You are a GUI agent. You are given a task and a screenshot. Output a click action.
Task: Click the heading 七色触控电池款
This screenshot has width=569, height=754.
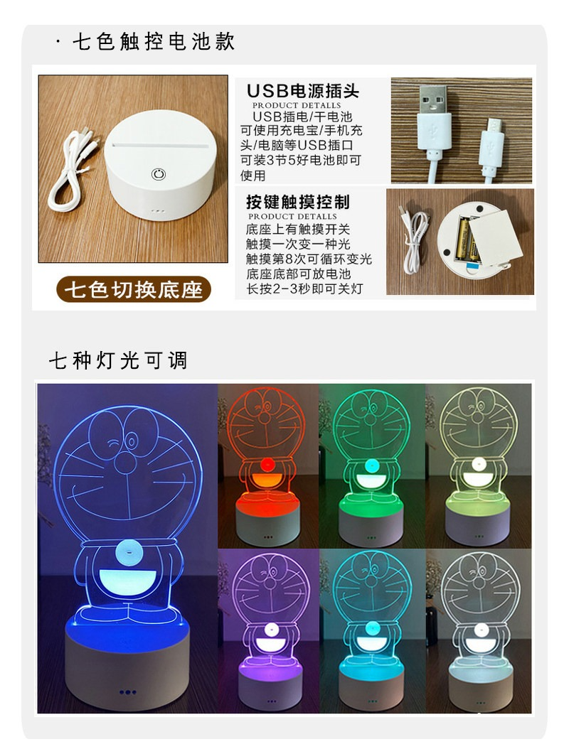pos(154,41)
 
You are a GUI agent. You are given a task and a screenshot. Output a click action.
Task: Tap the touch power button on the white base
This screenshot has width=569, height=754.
pos(159,173)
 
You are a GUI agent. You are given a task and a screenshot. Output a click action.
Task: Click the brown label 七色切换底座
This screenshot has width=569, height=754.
pos(134,289)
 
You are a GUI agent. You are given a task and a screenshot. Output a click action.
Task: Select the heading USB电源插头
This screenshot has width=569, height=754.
pos(303,91)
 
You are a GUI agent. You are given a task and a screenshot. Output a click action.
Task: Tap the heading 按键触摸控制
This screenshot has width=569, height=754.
pos(298,202)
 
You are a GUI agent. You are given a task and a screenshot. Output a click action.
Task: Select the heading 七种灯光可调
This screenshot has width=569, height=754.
pos(118,360)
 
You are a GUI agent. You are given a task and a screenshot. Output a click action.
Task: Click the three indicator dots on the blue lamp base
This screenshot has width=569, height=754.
pos(127,692)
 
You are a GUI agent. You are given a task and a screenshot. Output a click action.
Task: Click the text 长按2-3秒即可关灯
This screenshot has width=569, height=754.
pos(304,289)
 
